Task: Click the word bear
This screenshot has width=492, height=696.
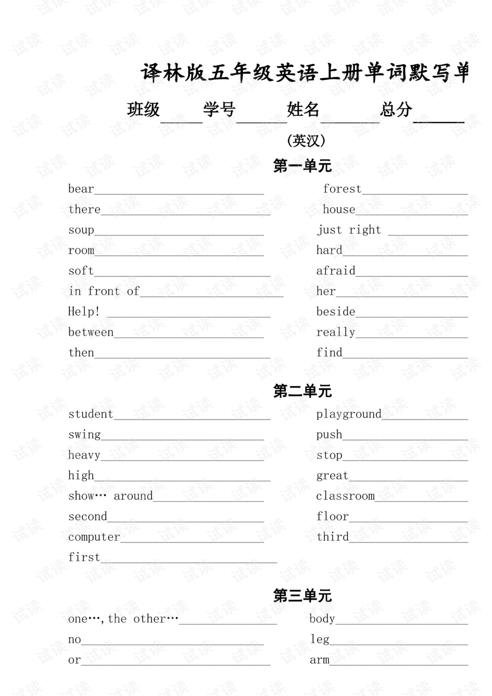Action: pyautogui.click(x=81, y=189)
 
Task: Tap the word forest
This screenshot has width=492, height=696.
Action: pyautogui.click(x=342, y=189)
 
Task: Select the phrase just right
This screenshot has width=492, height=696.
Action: pyautogui.click(x=349, y=230)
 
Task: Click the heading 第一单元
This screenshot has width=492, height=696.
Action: pyautogui.click(x=302, y=166)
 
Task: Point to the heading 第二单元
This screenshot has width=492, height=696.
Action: pyautogui.click(x=302, y=391)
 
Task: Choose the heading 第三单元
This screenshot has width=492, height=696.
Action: pyautogui.click(x=302, y=595)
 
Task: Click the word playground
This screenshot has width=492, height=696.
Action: pyautogui.click(x=348, y=414)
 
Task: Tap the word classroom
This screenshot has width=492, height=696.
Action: pyautogui.click(x=345, y=496)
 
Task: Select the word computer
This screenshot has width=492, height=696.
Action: pyautogui.click(x=94, y=537)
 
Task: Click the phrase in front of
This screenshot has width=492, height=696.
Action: pyautogui.click(x=104, y=291)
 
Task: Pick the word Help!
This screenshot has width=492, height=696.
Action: pyautogui.click(x=84, y=312)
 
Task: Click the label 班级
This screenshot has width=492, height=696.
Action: pyautogui.click(x=143, y=109)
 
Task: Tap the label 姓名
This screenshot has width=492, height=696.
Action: pyautogui.click(x=303, y=109)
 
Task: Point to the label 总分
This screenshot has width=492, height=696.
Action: pyautogui.click(x=396, y=109)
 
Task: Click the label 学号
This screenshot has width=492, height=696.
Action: pyautogui.click(x=219, y=109)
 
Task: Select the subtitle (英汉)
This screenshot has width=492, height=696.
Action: pyautogui.click(x=306, y=141)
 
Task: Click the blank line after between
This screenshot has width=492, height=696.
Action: pyautogui.click(x=189, y=336)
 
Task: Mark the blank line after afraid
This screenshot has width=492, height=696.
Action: pyautogui.click(x=412, y=275)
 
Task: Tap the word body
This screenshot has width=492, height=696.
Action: pyautogui.click(x=322, y=619)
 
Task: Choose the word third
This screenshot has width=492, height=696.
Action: pyautogui.click(x=332, y=537)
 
